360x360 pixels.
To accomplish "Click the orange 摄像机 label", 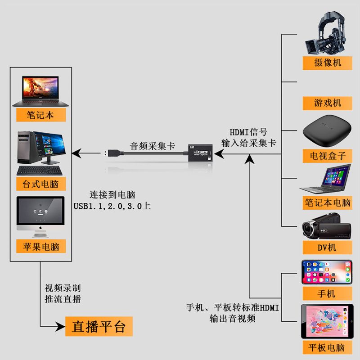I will (x=327, y=62).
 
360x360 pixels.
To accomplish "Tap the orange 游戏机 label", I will (x=327, y=103).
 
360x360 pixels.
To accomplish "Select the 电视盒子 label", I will (x=327, y=156).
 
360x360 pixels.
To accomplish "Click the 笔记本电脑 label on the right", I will (x=327, y=202).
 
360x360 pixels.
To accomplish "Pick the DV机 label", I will (x=327, y=247).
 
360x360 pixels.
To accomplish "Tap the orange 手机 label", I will (x=327, y=294).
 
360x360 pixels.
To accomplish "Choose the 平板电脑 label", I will (x=327, y=347).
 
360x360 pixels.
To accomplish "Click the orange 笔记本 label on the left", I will (x=40, y=115).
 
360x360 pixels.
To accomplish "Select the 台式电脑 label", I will (x=40, y=184).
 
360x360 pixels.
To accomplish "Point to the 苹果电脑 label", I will (x=40, y=246).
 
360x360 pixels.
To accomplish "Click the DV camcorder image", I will (x=326, y=229).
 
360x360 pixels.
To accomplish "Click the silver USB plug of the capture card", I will (x=112, y=153).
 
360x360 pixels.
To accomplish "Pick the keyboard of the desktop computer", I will (x=40, y=171).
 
